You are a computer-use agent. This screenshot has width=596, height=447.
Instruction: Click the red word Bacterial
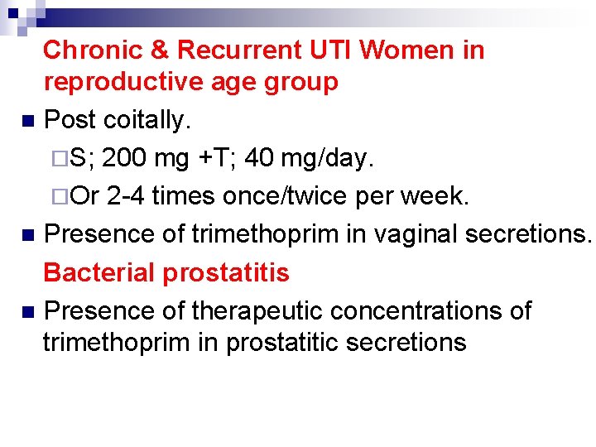pyautogui.click(x=99, y=273)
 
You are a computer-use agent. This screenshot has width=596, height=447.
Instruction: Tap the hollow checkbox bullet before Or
pyautogui.click(x=62, y=197)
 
